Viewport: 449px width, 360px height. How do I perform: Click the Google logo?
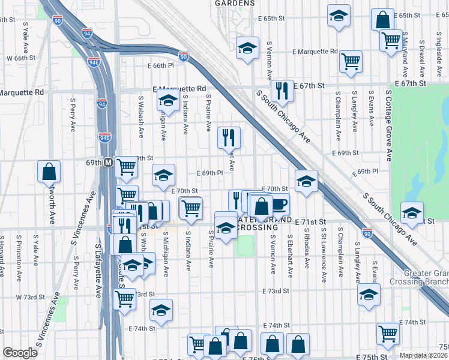[x=20, y=353]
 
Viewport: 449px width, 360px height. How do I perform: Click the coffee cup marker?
[x=279, y=204]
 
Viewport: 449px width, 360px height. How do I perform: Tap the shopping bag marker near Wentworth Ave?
[x=49, y=172]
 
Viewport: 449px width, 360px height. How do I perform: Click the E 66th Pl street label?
[x=159, y=65]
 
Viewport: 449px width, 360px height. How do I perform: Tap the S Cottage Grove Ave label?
[x=389, y=126]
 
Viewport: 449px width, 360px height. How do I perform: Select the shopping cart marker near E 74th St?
[x=388, y=334]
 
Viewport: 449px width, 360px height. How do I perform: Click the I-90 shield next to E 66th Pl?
[x=184, y=57]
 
